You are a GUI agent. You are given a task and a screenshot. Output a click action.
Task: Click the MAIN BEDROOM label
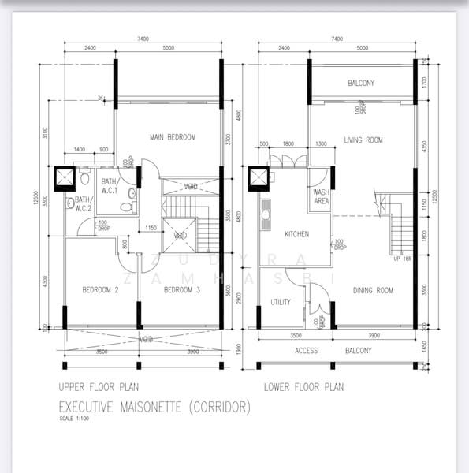(172, 137)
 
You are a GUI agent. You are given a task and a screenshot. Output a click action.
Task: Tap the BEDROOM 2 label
(100, 290)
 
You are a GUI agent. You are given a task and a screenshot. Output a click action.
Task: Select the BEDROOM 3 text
(182, 290)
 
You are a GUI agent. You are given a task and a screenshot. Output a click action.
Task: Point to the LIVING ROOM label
(363, 140)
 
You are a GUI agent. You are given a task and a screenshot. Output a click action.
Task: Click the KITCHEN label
(296, 234)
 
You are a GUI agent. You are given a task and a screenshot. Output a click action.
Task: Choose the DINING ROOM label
(374, 290)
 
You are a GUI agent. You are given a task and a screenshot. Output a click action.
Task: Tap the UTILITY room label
(281, 302)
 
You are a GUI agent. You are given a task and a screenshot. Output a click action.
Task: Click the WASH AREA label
(321, 196)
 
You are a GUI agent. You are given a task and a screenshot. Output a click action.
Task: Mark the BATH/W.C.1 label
(110, 186)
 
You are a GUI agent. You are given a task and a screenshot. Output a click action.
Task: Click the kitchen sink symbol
(266, 213)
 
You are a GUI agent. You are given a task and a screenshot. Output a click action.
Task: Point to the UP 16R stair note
(402, 259)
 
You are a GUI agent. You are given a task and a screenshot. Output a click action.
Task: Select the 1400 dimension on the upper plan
(80, 150)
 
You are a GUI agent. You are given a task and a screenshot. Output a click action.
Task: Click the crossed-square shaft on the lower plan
(259, 179)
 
